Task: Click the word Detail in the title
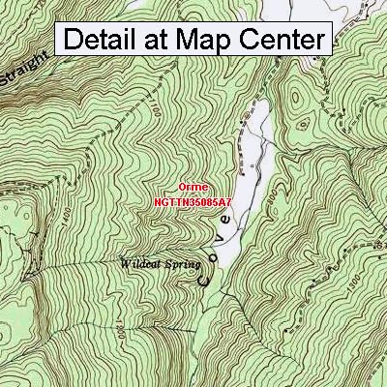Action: click(x=109, y=41)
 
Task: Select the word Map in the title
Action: click(x=223, y=41)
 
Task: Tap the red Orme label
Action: click(x=190, y=190)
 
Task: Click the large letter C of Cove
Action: click(x=205, y=280)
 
